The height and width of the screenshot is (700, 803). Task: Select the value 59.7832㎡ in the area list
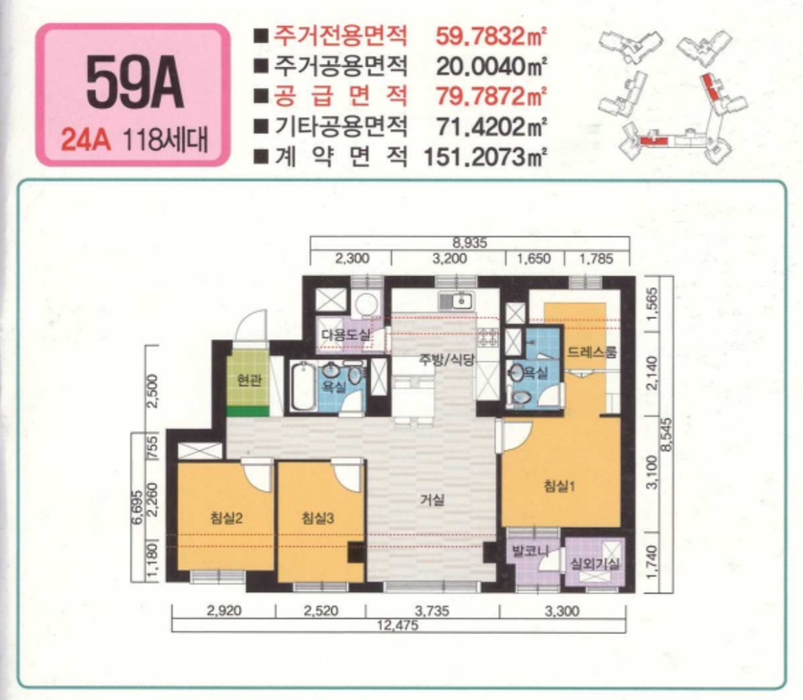click(x=491, y=37)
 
